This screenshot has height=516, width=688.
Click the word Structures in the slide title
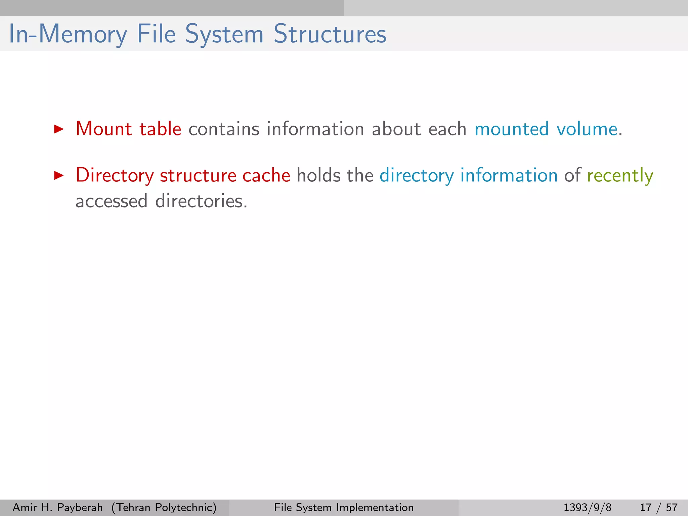click(330, 34)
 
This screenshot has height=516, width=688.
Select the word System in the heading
click(224, 35)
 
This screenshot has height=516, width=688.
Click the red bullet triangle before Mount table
click(59, 129)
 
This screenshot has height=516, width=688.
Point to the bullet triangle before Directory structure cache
click(59, 175)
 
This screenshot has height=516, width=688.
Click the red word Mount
click(104, 129)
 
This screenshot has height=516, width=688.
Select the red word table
click(160, 129)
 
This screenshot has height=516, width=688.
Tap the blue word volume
click(587, 129)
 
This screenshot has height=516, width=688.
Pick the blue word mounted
click(512, 129)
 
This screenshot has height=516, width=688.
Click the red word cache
click(266, 175)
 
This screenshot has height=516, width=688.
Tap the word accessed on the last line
click(112, 201)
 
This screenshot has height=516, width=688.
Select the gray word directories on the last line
click(201, 201)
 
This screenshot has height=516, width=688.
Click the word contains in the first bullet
click(224, 129)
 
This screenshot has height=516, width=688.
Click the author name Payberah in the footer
click(80, 507)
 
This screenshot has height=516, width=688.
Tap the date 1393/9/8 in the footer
click(587, 507)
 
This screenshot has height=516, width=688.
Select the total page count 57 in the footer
click(672, 507)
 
